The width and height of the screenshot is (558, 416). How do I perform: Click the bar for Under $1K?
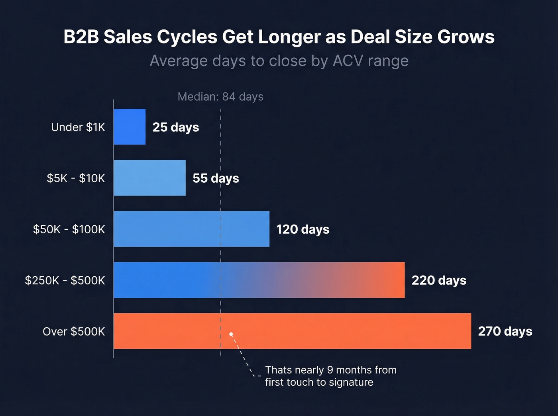[x=130, y=127]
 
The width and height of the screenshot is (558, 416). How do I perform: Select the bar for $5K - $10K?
[x=150, y=178]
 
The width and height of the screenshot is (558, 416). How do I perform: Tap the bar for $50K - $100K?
[x=191, y=229]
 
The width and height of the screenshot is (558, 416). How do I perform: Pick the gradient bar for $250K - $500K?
[x=259, y=280]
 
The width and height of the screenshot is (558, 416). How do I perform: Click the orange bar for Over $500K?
[x=292, y=331]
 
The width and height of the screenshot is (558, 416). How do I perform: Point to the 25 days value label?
[x=176, y=127]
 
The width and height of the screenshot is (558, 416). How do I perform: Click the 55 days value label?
[x=216, y=178]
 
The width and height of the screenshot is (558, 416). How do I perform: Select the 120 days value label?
[x=303, y=229]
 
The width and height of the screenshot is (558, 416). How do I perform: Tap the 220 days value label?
[x=439, y=280]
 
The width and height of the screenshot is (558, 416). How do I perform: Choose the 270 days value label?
[x=505, y=331]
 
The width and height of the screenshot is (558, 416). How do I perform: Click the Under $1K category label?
[x=78, y=127]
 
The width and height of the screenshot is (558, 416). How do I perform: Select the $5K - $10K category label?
[x=76, y=178]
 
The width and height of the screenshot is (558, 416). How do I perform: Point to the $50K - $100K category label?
[x=69, y=229]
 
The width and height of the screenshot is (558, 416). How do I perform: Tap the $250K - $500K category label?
[x=65, y=280]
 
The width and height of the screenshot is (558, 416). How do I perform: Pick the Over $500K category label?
[x=74, y=331]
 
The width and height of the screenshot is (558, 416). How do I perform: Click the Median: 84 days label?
[x=220, y=97]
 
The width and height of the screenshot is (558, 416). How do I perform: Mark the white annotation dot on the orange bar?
[x=231, y=334]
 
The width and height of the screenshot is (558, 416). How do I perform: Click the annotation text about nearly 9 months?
[x=330, y=376]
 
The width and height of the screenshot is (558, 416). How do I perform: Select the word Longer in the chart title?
[x=289, y=37]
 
